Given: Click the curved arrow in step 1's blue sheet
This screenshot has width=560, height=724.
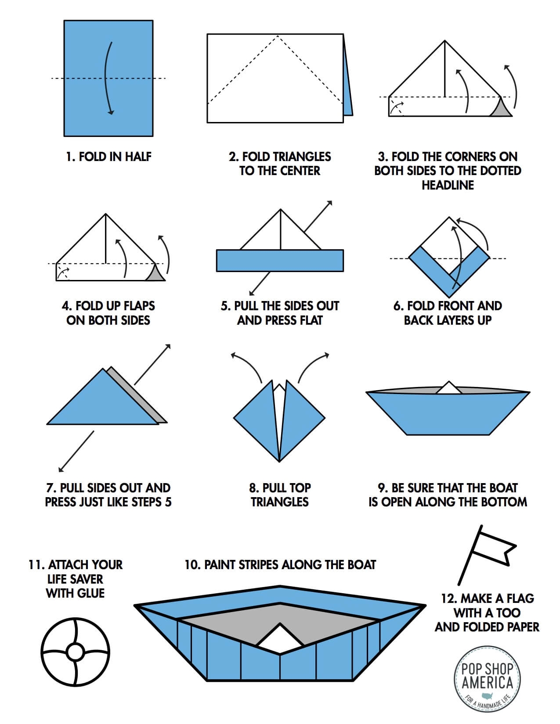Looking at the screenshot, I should coord(106,79).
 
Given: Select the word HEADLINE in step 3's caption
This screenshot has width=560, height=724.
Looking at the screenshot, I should coord(448,185).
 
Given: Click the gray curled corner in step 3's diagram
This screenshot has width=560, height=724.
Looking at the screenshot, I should coord(501,109).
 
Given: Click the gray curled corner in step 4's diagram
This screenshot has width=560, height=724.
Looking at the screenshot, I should coord(155,274).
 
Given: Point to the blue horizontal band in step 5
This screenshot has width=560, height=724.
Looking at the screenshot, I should coord(280,260).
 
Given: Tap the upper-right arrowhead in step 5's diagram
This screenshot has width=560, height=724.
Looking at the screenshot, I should coord(329,203).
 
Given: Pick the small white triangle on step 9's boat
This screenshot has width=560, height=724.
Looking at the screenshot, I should coord(448,388).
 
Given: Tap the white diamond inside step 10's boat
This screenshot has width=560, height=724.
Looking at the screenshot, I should coord(280,636).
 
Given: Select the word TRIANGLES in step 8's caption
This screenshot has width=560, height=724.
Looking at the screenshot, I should coord(280,502).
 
